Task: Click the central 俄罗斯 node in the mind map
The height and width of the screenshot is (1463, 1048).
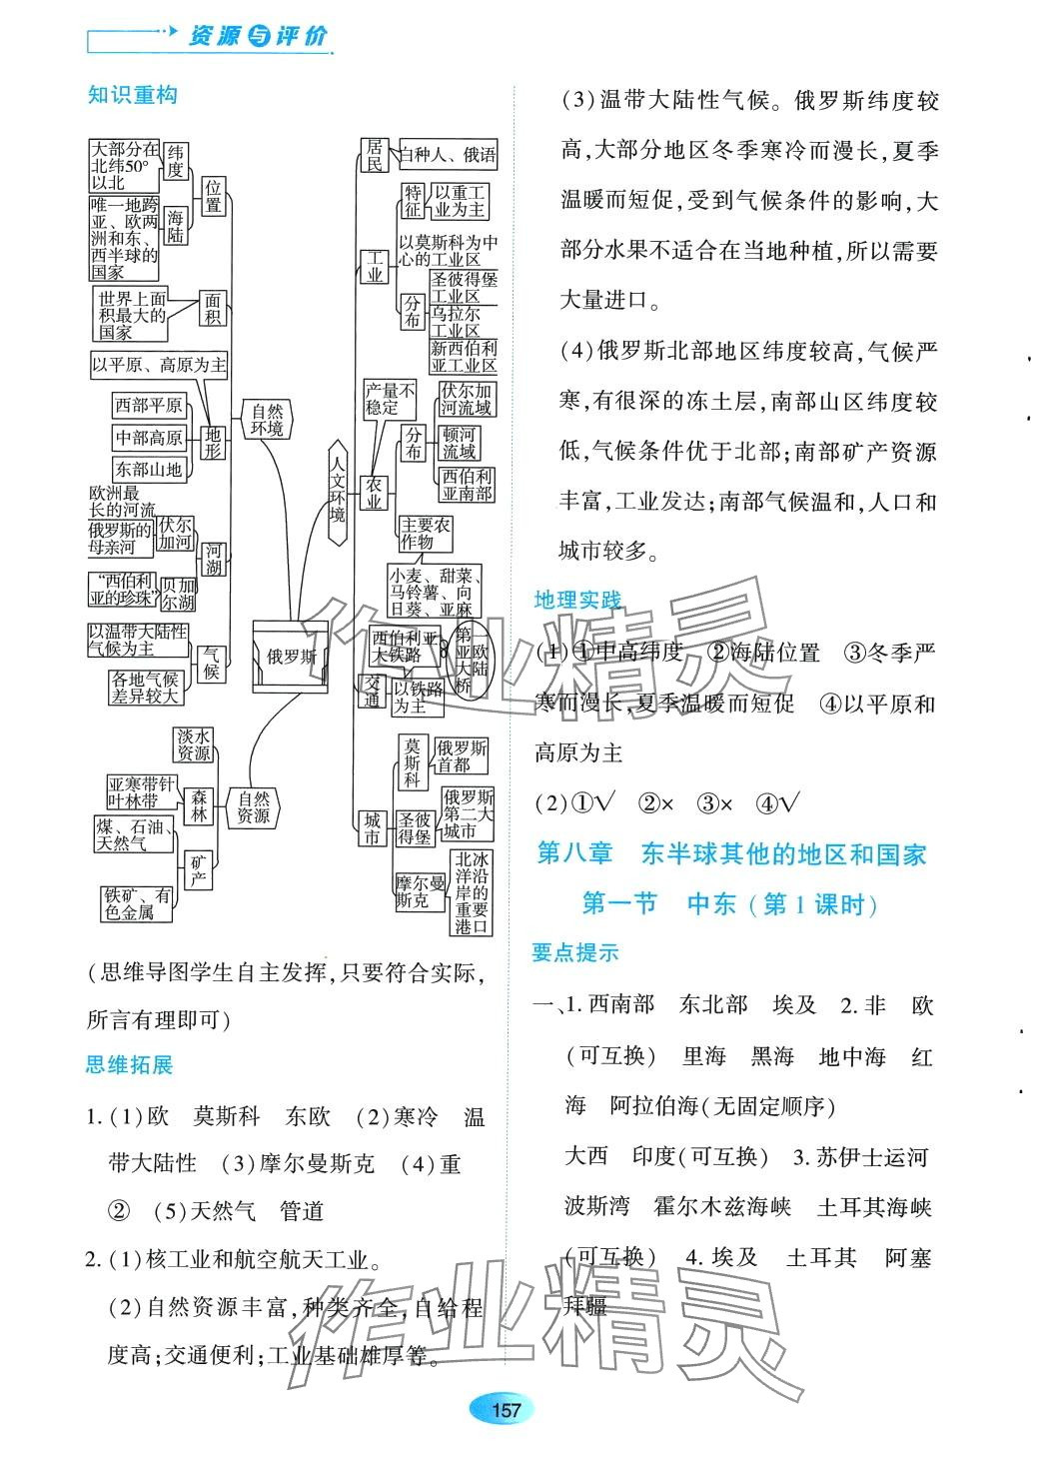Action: point(292,657)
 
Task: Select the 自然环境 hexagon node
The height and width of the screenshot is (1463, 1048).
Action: point(268,420)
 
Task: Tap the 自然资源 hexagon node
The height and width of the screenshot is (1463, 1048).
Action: point(254,806)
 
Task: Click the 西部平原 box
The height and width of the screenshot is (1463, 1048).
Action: point(149,405)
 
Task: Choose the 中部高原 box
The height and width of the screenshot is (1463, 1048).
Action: point(149,437)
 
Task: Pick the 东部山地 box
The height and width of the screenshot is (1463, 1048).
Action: point(149,469)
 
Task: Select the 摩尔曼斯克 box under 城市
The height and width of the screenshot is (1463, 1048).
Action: point(413,891)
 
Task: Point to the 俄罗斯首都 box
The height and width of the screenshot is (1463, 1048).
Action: point(461,755)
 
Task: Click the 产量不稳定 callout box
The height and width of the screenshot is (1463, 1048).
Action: point(388,399)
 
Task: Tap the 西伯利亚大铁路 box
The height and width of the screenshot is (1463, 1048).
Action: point(406,647)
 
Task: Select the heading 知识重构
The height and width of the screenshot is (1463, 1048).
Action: point(133,95)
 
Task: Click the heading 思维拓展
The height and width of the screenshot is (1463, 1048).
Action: point(130,1064)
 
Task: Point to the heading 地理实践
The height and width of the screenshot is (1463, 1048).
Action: point(577,600)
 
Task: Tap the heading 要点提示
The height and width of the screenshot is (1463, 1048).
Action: point(575,952)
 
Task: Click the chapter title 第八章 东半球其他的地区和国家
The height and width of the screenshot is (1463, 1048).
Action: point(731,853)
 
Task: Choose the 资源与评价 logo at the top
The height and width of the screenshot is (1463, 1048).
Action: point(257,37)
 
